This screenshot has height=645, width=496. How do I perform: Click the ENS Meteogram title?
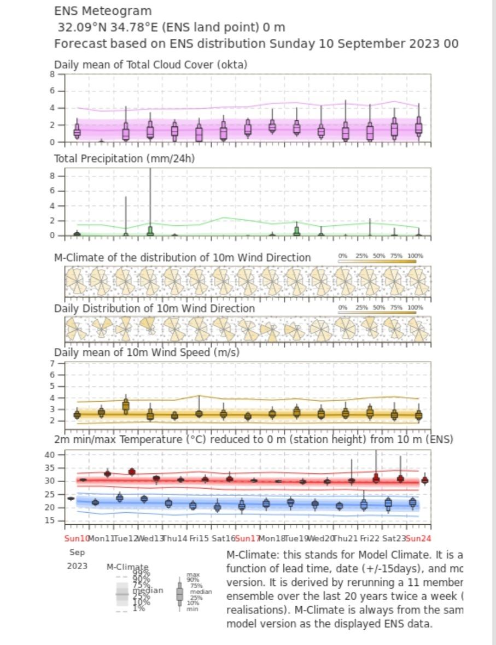point(103,11)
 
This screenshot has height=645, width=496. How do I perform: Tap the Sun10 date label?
point(77,538)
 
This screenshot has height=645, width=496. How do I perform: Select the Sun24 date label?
point(419,538)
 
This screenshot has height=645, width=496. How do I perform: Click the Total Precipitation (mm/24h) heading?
point(124,159)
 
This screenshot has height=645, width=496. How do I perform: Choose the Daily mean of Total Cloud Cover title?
point(150,64)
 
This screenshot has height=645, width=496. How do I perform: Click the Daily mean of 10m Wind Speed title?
point(147,353)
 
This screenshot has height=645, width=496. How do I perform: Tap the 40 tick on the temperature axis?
point(56,455)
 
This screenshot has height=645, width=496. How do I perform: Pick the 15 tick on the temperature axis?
point(56,520)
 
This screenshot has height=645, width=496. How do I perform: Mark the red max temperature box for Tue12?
point(132,472)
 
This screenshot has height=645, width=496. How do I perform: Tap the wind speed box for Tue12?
point(126,406)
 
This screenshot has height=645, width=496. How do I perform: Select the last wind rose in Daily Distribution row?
point(418,330)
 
